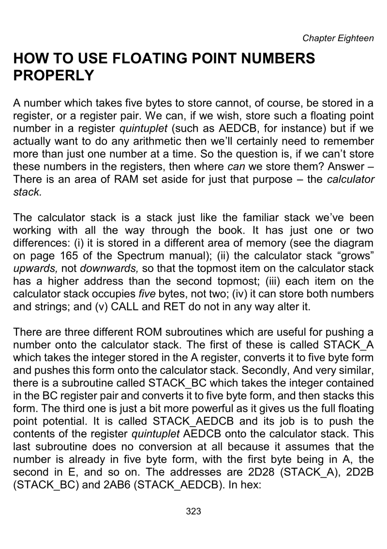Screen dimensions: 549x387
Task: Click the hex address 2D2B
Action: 359,471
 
